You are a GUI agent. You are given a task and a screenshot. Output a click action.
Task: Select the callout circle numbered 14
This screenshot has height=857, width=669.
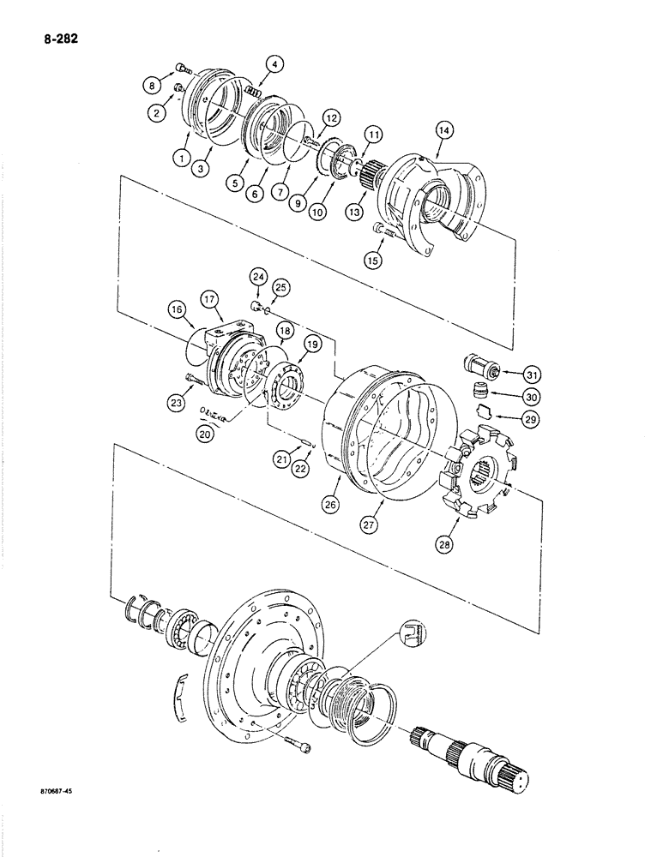click(444, 130)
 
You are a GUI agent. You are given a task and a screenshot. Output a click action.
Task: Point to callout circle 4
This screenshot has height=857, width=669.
click(274, 63)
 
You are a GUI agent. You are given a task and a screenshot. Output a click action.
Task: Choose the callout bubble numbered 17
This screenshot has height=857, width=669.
click(211, 299)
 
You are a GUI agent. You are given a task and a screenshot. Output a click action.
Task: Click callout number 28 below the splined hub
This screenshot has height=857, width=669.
click(470, 543)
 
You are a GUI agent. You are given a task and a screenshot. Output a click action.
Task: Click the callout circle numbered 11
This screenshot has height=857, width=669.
click(374, 135)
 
